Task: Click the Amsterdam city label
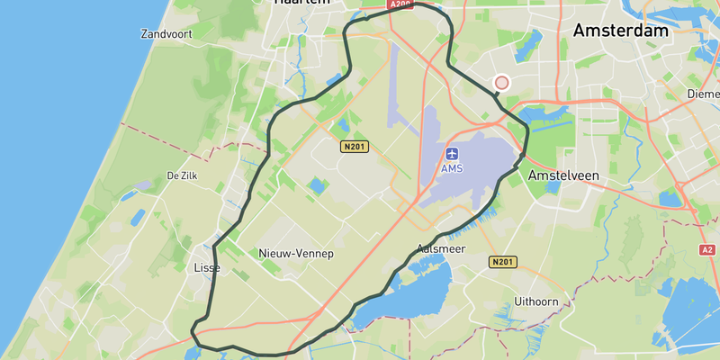tap(621, 31)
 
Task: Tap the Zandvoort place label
tap(167, 34)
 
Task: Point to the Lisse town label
tap(207, 268)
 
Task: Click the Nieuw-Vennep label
tap(296, 254)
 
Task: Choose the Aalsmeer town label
tap(441, 248)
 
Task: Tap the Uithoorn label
tap(536, 301)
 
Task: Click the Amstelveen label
tap(562, 175)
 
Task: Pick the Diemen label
tap(702, 94)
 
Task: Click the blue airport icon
tap(451, 154)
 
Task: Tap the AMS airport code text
tap(451, 168)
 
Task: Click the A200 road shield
tap(400, 4)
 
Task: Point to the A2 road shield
tap(706, 249)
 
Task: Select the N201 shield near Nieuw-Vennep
tap(355, 146)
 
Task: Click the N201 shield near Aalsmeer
tap(503, 262)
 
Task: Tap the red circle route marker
tap(502, 83)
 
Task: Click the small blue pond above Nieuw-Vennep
tap(317, 187)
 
